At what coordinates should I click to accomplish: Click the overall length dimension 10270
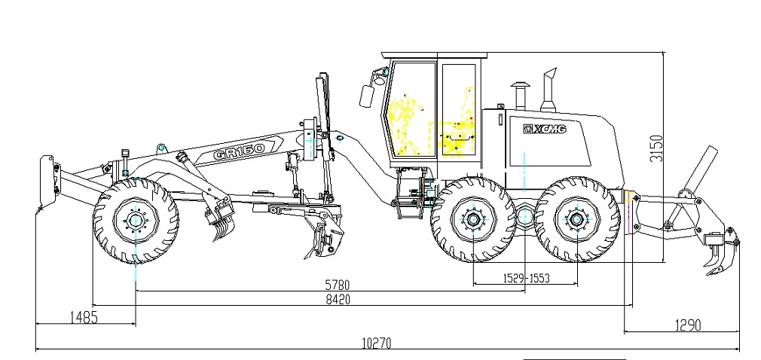(376, 343)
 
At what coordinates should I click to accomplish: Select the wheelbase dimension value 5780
(338, 285)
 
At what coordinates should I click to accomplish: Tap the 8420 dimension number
(338, 299)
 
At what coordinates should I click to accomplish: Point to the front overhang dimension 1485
(84, 318)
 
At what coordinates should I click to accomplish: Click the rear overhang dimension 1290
(688, 325)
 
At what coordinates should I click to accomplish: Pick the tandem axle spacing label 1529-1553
(526, 278)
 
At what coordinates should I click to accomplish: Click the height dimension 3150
(656, 148)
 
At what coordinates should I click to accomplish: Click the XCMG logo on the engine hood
(545, 129)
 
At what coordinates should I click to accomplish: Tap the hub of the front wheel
(136, 221)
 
